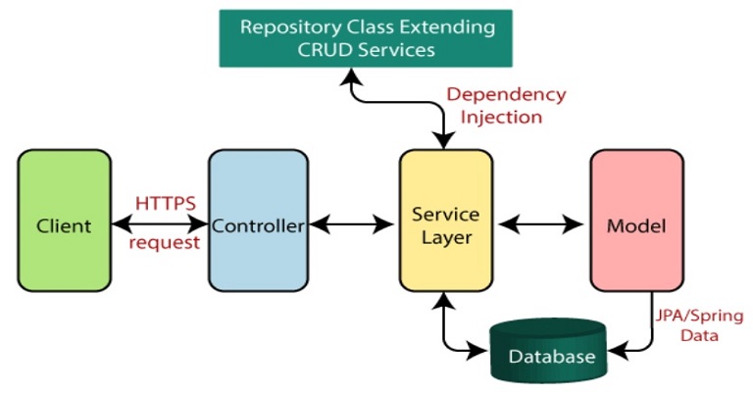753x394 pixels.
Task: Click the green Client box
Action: click(65, 221)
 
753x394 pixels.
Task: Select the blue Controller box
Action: click(259, 221)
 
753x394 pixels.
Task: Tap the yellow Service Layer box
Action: click(446, 221)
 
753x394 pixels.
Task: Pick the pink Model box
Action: click(636, 221)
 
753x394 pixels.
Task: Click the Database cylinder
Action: click(548, 350)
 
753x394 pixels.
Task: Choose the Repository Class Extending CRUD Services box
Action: click(366, 38)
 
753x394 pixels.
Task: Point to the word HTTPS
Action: click(166, 204)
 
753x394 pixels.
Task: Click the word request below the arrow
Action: click(165, 242)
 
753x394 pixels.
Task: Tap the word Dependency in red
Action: click(506, 95)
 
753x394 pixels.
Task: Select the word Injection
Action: click(501, 117)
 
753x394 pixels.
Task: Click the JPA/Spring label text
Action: click(699, 316)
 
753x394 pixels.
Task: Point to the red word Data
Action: click(699, 335)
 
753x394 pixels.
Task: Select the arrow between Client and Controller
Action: click(160, 223)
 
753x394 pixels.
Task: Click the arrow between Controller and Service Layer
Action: click(352, 223)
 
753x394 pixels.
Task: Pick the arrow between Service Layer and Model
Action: click(541, 223)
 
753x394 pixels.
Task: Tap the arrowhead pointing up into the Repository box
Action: click(352, 75)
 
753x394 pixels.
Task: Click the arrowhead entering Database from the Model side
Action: click(618, 350)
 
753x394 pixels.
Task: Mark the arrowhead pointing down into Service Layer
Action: click(444, 140)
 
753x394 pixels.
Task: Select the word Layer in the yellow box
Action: click(447, 237)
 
